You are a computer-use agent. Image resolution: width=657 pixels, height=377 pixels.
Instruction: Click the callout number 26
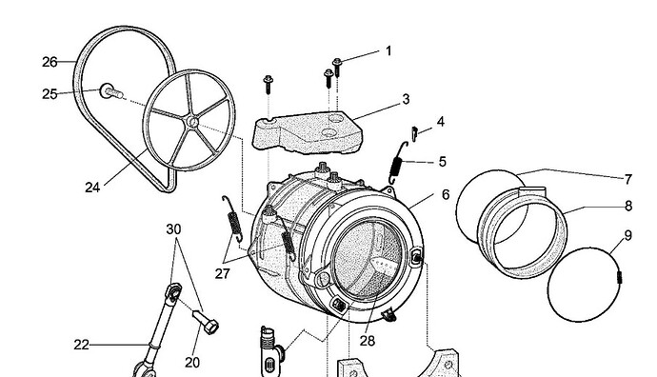[50, 62]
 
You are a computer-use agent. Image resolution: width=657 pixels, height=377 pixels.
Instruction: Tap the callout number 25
[50, 94]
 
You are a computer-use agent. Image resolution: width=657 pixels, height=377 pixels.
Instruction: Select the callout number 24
[92, 188]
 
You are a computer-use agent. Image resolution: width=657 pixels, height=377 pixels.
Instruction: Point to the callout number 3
[406, 99]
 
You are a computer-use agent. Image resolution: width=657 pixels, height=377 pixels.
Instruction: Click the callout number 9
[627, 236]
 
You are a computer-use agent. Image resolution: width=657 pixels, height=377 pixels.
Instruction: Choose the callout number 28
[367, 341]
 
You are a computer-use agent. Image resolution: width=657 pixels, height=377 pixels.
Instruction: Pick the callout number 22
[81, 345]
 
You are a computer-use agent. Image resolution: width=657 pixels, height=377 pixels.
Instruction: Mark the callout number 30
[173, 229]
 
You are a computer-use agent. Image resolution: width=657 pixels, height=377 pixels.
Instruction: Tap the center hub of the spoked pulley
[192, 122]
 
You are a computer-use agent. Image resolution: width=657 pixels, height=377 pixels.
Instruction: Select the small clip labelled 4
[415, 134]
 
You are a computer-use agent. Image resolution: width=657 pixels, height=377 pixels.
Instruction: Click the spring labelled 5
[397, 163]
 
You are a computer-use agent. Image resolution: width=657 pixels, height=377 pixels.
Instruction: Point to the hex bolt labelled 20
[206, 321]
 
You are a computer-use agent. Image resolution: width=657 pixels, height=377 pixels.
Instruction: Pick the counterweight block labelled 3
[308, 132]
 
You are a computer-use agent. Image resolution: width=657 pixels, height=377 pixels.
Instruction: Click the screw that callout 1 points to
[337, 67]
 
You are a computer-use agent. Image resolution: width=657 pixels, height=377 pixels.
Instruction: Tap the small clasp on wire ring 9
[620, 277]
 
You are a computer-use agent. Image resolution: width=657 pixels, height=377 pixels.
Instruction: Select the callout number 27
[223, 273]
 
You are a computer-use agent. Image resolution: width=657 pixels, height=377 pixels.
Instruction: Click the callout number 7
[627, 179]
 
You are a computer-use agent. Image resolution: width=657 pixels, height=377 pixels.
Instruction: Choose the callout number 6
[445, 194]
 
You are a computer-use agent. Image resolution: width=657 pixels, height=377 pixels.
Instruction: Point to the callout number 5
[443, 162]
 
